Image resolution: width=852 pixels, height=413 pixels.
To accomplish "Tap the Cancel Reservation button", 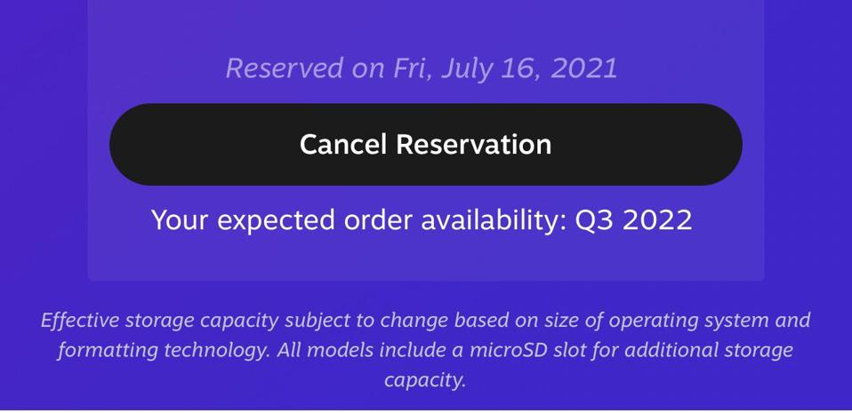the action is [425, 145].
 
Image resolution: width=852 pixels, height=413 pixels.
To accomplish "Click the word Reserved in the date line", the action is [285, 69].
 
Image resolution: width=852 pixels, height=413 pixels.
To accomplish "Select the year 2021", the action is [584, 69].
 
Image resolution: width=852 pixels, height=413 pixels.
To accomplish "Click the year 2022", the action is [657, 220].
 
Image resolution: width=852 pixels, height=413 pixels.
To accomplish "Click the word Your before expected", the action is [180, 220].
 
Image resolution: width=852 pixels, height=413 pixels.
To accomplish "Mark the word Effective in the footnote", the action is [80, 321].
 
